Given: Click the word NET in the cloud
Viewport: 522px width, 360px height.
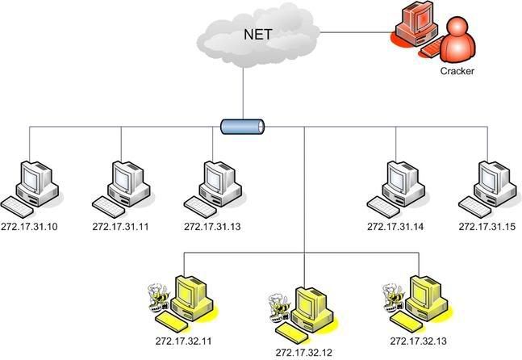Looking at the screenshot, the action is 258,34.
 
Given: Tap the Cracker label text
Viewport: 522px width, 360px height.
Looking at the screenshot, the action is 457,71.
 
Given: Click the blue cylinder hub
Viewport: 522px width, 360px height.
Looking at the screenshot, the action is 243,127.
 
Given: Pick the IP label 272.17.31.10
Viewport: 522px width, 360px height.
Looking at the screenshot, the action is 29,227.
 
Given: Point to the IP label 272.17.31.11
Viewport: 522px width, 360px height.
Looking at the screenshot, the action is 120,227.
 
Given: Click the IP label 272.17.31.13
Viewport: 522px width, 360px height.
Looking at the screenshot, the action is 212,227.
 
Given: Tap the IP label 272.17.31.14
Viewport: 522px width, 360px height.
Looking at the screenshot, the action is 395,227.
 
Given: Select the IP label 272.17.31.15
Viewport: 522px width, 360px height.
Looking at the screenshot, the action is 487,227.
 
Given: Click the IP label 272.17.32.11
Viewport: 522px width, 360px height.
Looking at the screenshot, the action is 183,341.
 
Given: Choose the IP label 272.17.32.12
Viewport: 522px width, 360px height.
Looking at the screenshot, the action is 303,353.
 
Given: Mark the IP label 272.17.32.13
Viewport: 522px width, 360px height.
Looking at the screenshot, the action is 419,341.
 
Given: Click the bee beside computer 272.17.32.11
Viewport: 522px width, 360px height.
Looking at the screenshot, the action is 158,297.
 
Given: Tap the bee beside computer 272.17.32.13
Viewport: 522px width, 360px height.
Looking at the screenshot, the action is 393,297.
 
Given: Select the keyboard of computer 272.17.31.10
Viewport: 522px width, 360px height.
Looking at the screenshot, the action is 17,207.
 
